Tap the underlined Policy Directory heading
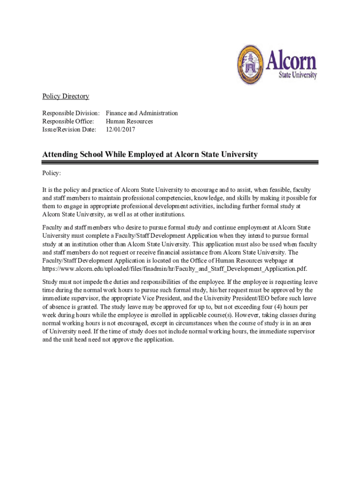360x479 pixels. [x=65, y=96]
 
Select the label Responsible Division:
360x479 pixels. [x=71, y=113]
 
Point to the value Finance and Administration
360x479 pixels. [x=142, y=113]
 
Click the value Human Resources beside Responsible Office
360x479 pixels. [x=130, y=121]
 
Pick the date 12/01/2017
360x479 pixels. [x=120, y=129]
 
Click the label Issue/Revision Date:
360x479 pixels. [x=69, y=129]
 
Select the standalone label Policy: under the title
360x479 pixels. [x=51, y=173]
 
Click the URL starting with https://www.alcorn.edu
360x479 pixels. [x=174, y=269]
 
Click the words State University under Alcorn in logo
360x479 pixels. [x=298, y=75]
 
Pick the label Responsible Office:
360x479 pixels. [x=68, y=121]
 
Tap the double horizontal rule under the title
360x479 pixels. [x=180, y=162]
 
